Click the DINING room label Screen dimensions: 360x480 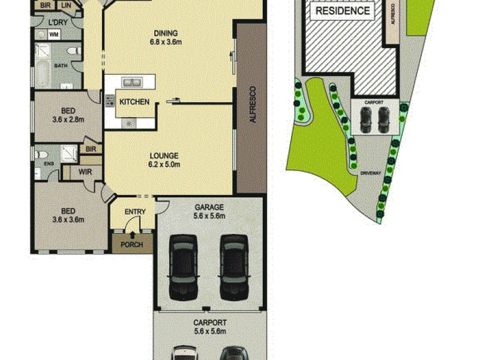(166, 38)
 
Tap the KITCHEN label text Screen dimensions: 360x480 (134, 102)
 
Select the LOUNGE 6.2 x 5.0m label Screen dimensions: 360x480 (165, 160)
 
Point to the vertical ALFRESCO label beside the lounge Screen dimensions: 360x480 (252, 109)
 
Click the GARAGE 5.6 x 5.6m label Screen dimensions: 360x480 (209, 211)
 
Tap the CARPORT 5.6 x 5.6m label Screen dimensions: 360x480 (209, 326)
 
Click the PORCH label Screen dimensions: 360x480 (132, 244)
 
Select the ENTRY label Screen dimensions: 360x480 (134, 212)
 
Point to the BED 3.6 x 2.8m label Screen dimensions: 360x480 (68, 115)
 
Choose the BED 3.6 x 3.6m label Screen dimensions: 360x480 (68, 215)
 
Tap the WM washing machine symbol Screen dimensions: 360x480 (54, 35)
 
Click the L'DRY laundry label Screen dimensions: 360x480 (58, 23)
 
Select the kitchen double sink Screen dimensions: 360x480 (130, 82)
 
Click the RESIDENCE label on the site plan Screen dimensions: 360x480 (343, 11)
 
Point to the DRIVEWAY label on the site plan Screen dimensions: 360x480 (371, 173)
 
